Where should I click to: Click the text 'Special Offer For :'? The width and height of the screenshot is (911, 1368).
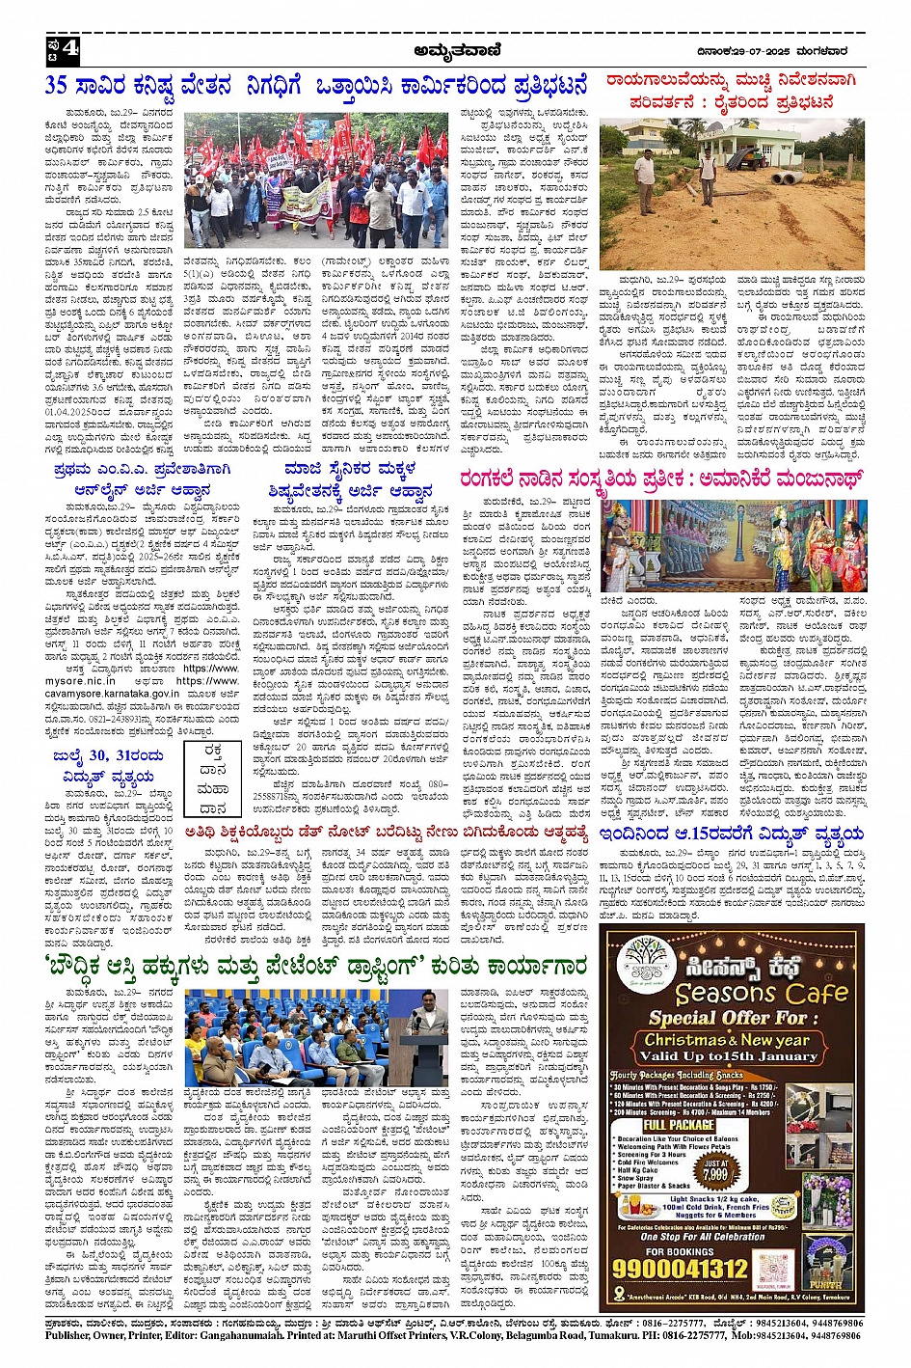(727, 1018)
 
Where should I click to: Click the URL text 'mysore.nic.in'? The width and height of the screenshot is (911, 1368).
(87, 680)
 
